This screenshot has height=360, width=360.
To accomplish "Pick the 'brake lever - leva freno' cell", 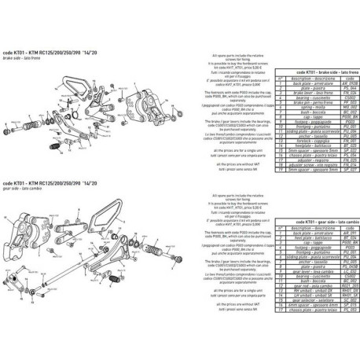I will [x=299, y=114].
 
